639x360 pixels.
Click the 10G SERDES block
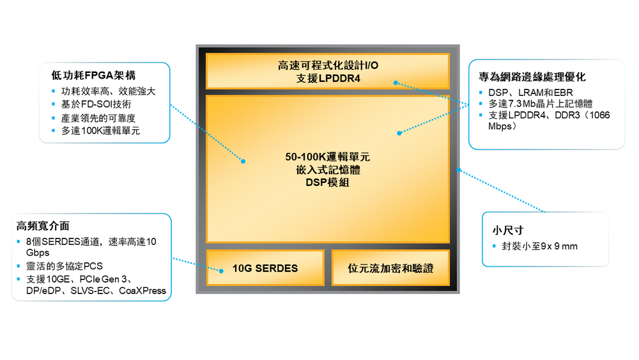[265, 267]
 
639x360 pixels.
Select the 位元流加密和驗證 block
[390, 267]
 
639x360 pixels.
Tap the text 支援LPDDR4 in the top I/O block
[328, 78]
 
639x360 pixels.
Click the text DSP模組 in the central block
[328, 182]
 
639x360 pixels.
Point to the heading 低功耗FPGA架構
[93, 75]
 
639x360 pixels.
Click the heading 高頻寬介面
[43, 226]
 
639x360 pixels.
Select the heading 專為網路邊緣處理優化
[532, 77]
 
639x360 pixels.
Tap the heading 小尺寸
[508, 230]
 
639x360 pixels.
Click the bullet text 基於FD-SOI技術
[96, 104]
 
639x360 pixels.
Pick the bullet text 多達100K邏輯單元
[101, 131]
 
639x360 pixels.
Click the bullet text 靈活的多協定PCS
[65, 266]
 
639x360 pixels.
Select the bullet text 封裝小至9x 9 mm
[539, 246]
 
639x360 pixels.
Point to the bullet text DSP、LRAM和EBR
[530, 93]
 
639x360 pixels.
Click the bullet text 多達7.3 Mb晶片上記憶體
[541, 104]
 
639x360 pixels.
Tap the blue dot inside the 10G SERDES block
[221, 270]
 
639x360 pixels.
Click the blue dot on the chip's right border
[458, 169]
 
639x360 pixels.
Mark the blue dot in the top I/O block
[396, 82]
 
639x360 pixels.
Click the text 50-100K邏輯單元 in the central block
[328, 157]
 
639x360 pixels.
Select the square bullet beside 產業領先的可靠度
[54, 118]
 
